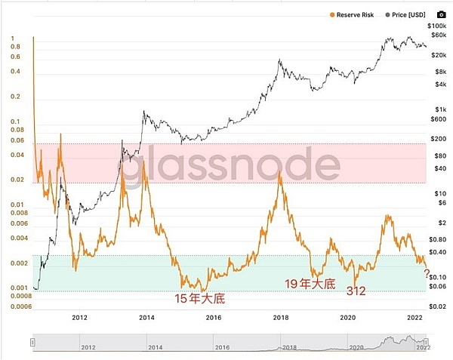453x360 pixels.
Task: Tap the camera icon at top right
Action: [x=441, y=14]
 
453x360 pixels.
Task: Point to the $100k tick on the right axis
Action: [x=438, y=25]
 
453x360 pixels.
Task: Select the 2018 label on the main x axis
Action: [x=280, y=317]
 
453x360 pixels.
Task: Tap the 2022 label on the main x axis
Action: [x=414, y=317]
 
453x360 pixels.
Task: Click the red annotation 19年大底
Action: [x=309, y=283]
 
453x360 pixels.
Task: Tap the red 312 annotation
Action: [x=356, y=290]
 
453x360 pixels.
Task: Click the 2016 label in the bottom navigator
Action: [x=221, y=348]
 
